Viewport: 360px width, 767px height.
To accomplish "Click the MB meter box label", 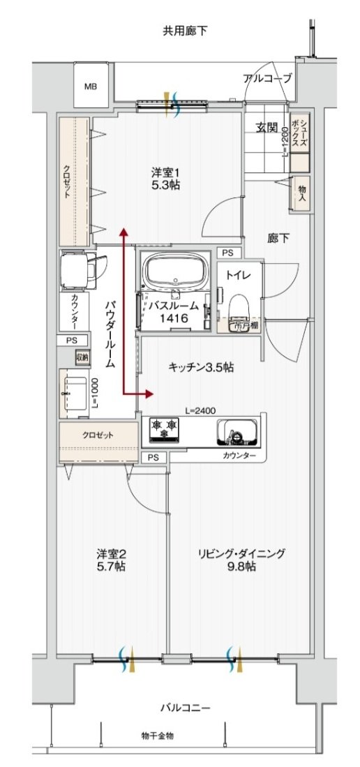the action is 91,87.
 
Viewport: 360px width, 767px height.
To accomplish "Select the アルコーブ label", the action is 267,77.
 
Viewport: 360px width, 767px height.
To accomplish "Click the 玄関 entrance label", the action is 267,128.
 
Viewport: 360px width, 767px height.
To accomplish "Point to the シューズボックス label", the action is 299,132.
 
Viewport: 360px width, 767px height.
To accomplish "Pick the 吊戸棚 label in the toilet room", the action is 241,325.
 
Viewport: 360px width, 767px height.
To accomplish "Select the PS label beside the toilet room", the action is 228,253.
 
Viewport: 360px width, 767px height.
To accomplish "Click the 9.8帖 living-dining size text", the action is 241,567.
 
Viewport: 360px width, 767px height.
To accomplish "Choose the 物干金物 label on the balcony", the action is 158,735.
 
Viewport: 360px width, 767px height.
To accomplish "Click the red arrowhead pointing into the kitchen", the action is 148,394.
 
